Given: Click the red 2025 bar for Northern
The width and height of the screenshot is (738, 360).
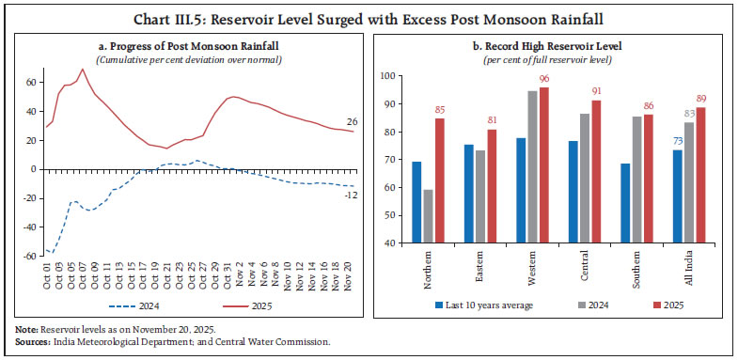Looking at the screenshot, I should click(441, 180).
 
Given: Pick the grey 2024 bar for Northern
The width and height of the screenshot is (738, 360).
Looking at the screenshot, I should click(428, 215).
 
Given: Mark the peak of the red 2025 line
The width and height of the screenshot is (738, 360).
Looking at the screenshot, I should click(83, 69).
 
